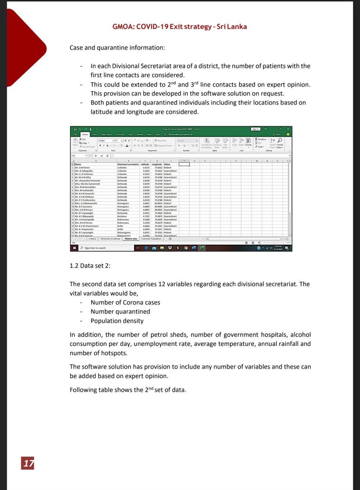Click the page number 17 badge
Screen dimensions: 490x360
pyautogui.click(x=28, y=463)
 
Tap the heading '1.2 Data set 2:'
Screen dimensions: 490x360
pyautogui.click(x=90, y=265)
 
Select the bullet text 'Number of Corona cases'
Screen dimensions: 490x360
pyautogui.click(x=125, y=302)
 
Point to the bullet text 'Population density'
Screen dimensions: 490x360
pyautogui.click(x=117, y=321)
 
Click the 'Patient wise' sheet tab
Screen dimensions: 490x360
pyautogui.click(x=131, y=239)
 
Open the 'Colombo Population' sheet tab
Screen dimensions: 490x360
pyautogui.click(x=151, y=239)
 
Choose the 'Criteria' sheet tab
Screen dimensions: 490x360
pyautogui.click(x=92, y=239)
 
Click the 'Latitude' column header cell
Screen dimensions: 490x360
pyautogui.click(x=145, y=164)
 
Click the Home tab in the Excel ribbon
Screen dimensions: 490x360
pyautogui.click(x=85, y=134)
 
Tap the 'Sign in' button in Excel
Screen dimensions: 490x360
pyautogui.click(x=256, y=129)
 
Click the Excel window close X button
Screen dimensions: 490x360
pyautogui.click(x=288, y=129)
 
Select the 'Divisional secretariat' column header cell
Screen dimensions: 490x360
pyautogui.click(x=128, y=164)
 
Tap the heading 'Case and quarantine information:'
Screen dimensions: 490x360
pyautogui.click(x=117, y=48)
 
